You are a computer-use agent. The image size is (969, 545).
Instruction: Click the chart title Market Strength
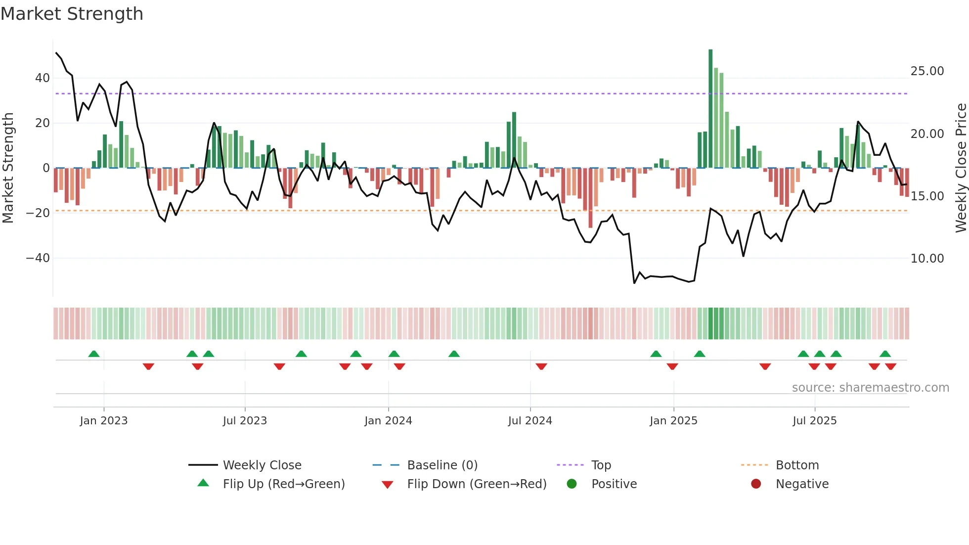pyautogui.click(x=72, y=14)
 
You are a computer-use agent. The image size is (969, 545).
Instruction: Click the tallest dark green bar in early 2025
pyautogui.click(x=710, y=109)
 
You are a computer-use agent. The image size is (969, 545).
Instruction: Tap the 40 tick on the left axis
pyautogui.click(x=43, y=78)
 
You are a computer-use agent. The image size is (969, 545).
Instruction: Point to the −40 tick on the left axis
pyautogui.click(x=38, y=258)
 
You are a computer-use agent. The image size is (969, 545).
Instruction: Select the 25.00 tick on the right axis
pyautogui.click(x=927, y=71)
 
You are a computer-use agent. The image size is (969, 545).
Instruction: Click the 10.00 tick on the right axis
pyautogui.click(x=927, y=259)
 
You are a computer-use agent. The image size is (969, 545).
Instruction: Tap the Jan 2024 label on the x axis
pyautogui.click(x=388, y=421)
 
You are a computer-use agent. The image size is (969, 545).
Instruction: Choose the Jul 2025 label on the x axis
pyautogui.click(x=814, y=421)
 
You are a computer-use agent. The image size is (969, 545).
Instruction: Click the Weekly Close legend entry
pyautogui.click(x=262, y=465)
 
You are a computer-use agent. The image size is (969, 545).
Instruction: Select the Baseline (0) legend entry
pyautogui.click(x=442, y=465)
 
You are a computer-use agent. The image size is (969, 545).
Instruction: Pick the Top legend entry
pyautogui.click(x=601, y=465)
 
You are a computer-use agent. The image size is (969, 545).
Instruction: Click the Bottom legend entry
pyautogui.click(x=797, y=465)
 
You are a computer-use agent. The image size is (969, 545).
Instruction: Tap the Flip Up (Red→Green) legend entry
pyautogui.click(x=283, y=484)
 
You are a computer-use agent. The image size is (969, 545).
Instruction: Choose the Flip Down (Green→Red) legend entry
pyautogui.click(x=477, y=484)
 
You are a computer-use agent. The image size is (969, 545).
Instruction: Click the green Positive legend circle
pyautogui.click(x=572, y=484)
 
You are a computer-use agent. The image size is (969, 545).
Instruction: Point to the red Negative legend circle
pyautogui.click(x=756, y=484)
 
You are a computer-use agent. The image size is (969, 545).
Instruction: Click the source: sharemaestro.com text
pyautogui.click(x=870, y=388)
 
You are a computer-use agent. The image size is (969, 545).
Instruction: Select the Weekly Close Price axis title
pyautogui.click(x=961, y=168)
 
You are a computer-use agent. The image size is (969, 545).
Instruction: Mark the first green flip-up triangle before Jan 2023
pyautogui.click(x=94, y=354)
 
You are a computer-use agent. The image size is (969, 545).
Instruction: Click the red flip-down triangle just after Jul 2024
pyautogui.click(x=541, y=366)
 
